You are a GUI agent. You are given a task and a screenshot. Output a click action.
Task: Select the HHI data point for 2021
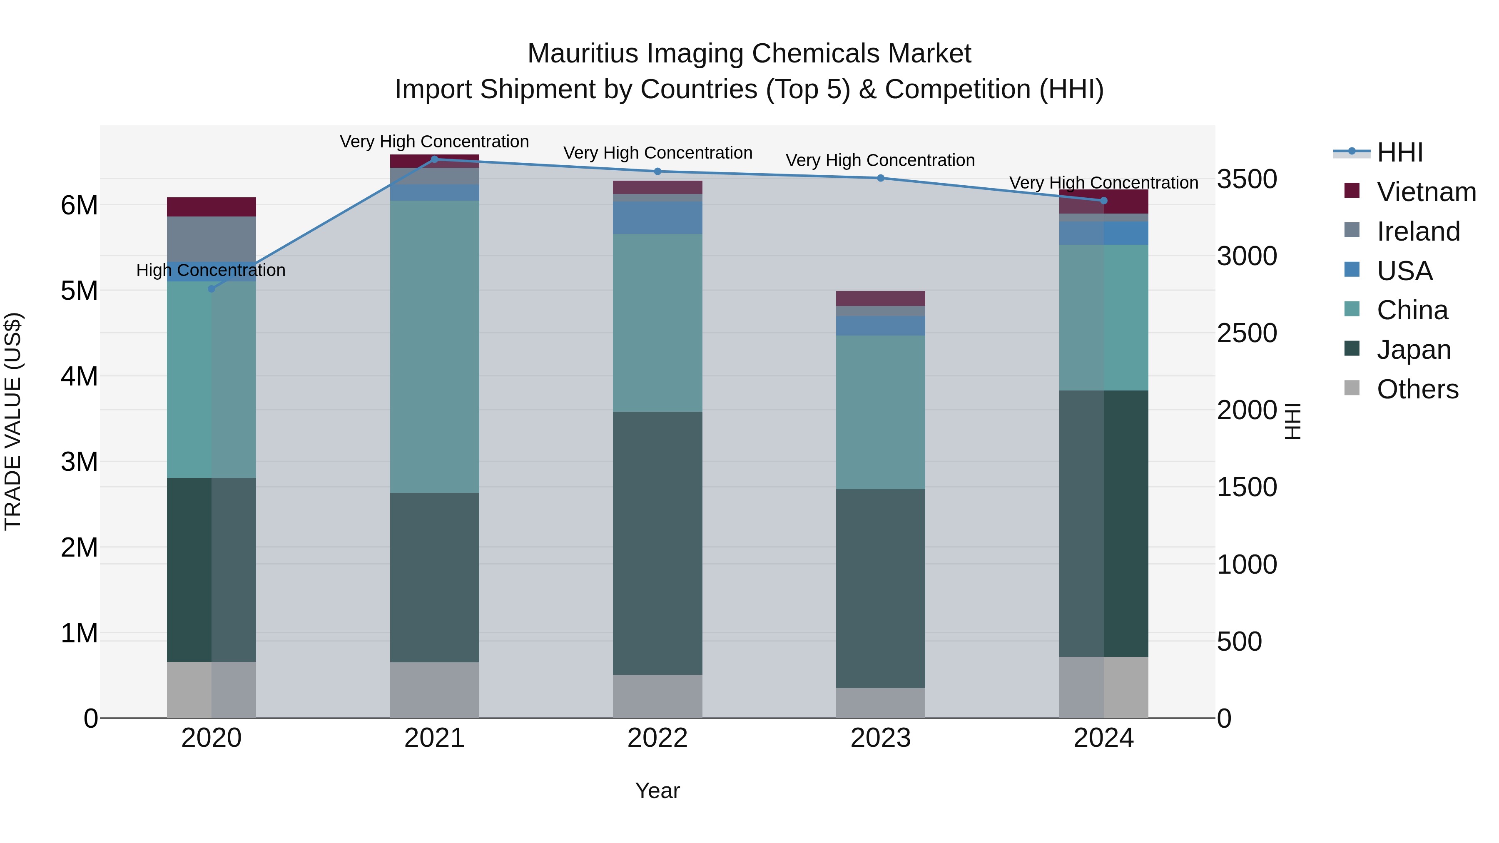(434, 159)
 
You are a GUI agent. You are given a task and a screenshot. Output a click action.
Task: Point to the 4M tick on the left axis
(79, 376)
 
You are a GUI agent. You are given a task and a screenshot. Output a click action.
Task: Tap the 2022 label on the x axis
(657, 738)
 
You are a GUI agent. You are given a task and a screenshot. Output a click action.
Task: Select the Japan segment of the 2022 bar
(657, 543)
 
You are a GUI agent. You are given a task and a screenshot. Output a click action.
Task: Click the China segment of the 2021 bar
(434, 347)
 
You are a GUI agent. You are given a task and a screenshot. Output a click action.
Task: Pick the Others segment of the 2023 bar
(880, 703)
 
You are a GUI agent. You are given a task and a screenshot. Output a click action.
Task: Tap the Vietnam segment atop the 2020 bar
(211, 207)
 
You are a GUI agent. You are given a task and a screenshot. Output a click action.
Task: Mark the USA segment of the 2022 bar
(657, 218)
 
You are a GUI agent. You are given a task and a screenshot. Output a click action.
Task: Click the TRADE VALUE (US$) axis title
(13, 421)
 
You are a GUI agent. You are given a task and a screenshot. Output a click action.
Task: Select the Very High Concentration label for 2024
(1103, 183)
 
